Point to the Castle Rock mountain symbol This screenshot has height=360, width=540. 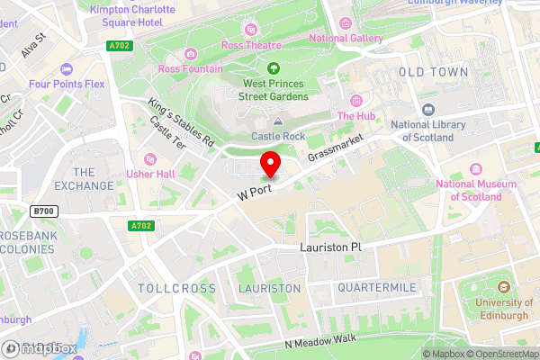pos(278,121)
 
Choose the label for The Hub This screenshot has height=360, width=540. pos(355,115)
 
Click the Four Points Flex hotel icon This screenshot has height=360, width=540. pos(66,70)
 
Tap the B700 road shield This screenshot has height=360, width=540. pos(41,211)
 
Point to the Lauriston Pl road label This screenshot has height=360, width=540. pos(330,247)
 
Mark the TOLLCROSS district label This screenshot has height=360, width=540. pos(177,288)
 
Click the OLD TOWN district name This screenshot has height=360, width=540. pos(433,71)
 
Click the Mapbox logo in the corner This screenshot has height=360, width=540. pos(38,347)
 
